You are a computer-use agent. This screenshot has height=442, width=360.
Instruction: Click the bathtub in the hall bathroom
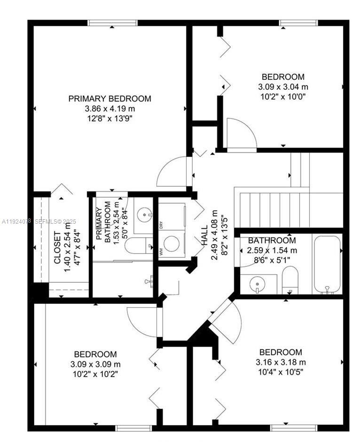[327, 264]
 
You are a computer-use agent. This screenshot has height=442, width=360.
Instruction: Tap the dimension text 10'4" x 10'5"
[281, 372]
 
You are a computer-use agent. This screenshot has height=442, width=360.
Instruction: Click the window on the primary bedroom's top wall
[112, 23]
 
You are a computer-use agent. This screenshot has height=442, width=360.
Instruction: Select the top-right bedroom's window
[298, 23]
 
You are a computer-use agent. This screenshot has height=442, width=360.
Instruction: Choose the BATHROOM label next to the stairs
[272, 240]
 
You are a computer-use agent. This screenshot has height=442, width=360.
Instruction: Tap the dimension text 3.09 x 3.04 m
[283, 87]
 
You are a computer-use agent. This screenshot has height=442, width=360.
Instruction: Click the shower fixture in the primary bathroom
[148, 281]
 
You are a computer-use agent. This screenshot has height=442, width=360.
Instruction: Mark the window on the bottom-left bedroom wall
[134, 427]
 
